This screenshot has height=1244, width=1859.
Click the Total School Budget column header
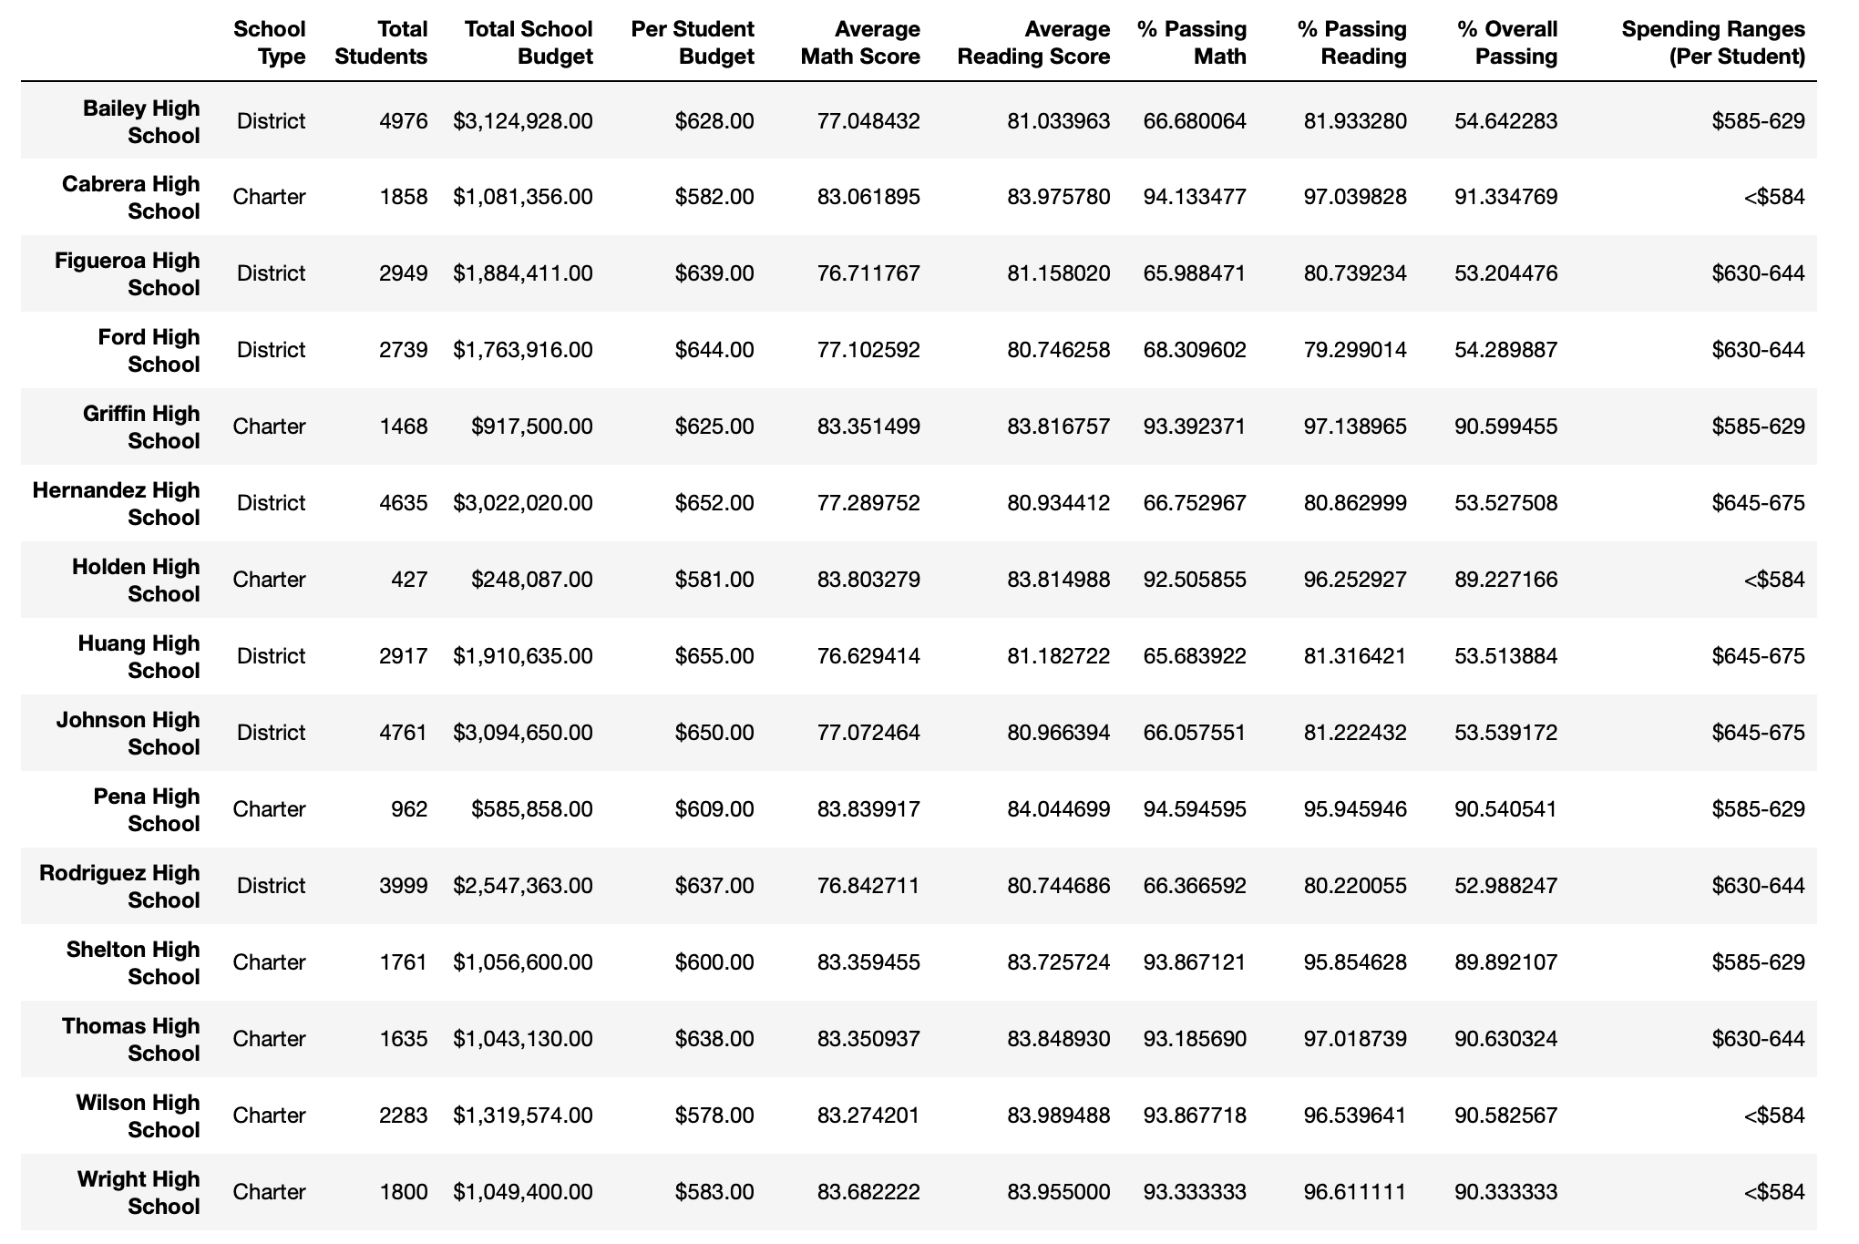tap(528, 43)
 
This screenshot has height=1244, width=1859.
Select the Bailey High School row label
tap(140, 121)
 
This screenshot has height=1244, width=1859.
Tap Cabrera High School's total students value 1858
tap(402, 197)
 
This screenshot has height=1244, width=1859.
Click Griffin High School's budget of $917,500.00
tap(531, 427)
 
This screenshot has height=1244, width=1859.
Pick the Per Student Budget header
tap(692, 43)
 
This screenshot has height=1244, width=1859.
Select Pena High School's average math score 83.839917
tap(868, 809)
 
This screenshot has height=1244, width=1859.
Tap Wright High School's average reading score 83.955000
tap(1058, 1192)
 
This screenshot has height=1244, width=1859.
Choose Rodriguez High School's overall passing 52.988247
tap(1505, 886)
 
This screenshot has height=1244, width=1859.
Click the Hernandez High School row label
tap(116, 503)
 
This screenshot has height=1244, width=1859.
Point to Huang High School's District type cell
tap(271, 656)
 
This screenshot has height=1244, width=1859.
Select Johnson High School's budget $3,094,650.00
tap(522, 733)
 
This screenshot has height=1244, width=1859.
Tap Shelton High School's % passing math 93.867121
tap(1194, 962)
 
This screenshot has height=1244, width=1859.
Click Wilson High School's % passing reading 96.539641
tap(1354, 1115)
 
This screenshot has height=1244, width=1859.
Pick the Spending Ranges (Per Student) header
tap(1712, 43)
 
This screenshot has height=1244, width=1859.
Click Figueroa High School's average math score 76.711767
tap(868, 273)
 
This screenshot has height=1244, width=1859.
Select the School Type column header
tap(270, 43)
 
